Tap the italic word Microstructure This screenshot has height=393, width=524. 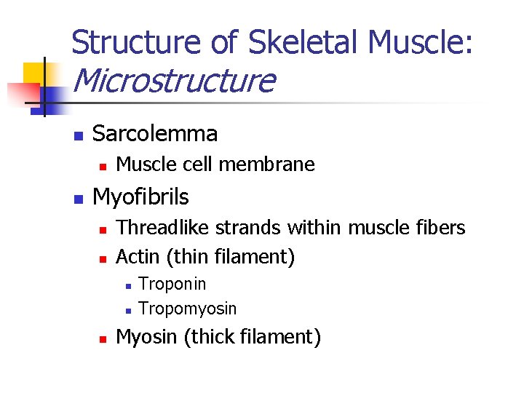174,81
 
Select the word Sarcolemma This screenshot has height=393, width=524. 155,134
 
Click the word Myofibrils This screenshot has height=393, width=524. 140,196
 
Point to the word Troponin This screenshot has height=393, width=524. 172,284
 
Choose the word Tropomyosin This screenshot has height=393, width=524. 187,309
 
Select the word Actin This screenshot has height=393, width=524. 136,256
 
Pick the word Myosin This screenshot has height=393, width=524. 143,338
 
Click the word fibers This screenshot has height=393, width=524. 439,228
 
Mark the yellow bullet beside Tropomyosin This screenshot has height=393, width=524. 127,310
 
